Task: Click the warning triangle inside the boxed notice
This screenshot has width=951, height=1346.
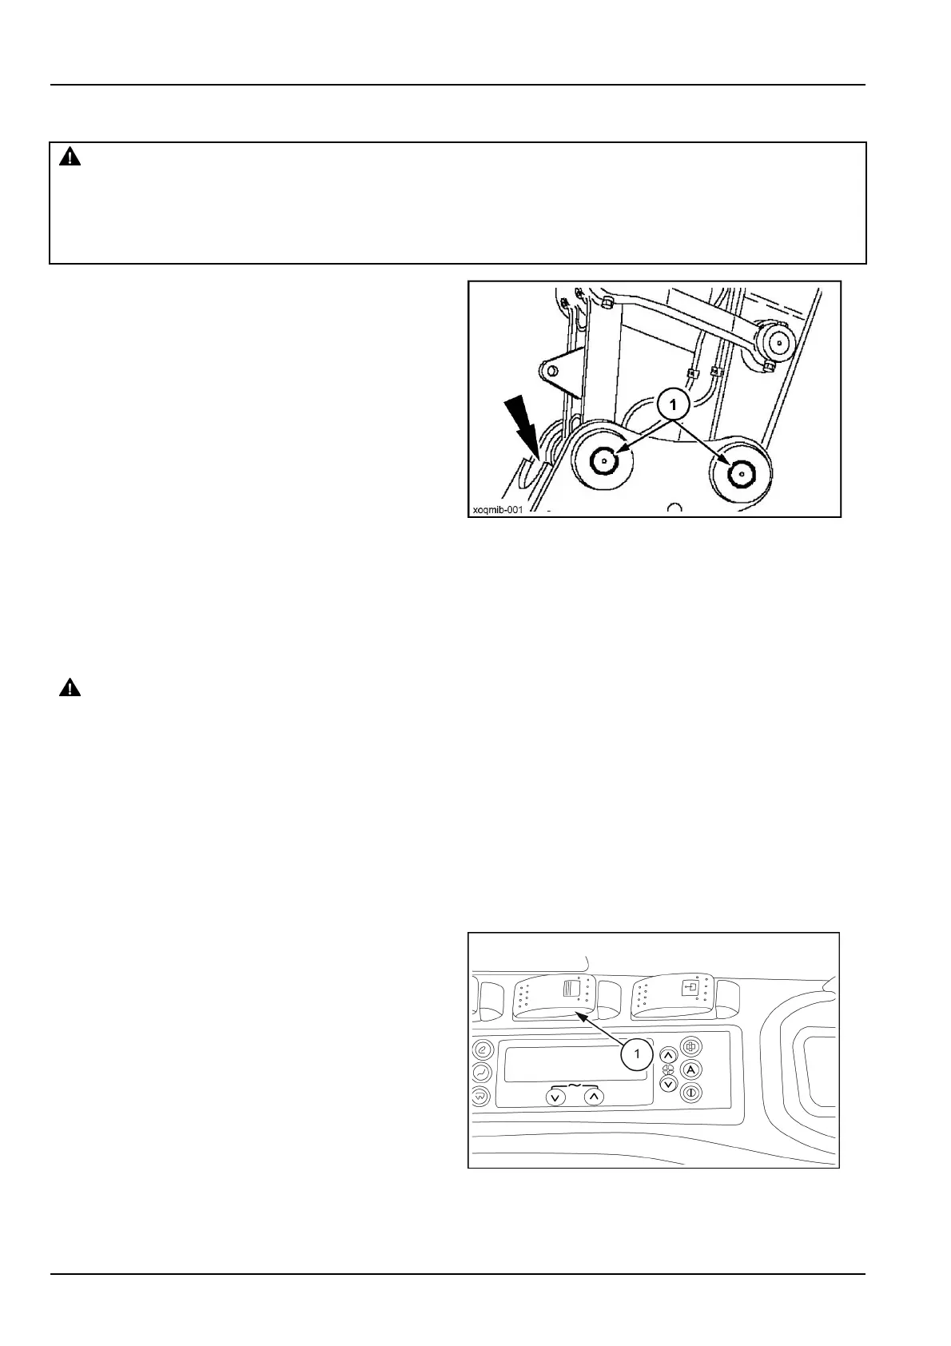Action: point(70,157)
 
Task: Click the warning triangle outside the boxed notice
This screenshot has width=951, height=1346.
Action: point(70,688)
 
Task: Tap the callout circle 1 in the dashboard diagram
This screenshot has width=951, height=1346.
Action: point(637,1054)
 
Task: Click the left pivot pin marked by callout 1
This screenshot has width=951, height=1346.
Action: point(604,461)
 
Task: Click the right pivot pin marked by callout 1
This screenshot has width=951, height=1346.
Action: point(741,472)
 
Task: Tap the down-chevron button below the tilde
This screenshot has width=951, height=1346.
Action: point(556,1097)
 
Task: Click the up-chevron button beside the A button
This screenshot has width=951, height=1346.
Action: point(669,1056)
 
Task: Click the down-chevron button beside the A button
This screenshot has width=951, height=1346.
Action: point(669,1084)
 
